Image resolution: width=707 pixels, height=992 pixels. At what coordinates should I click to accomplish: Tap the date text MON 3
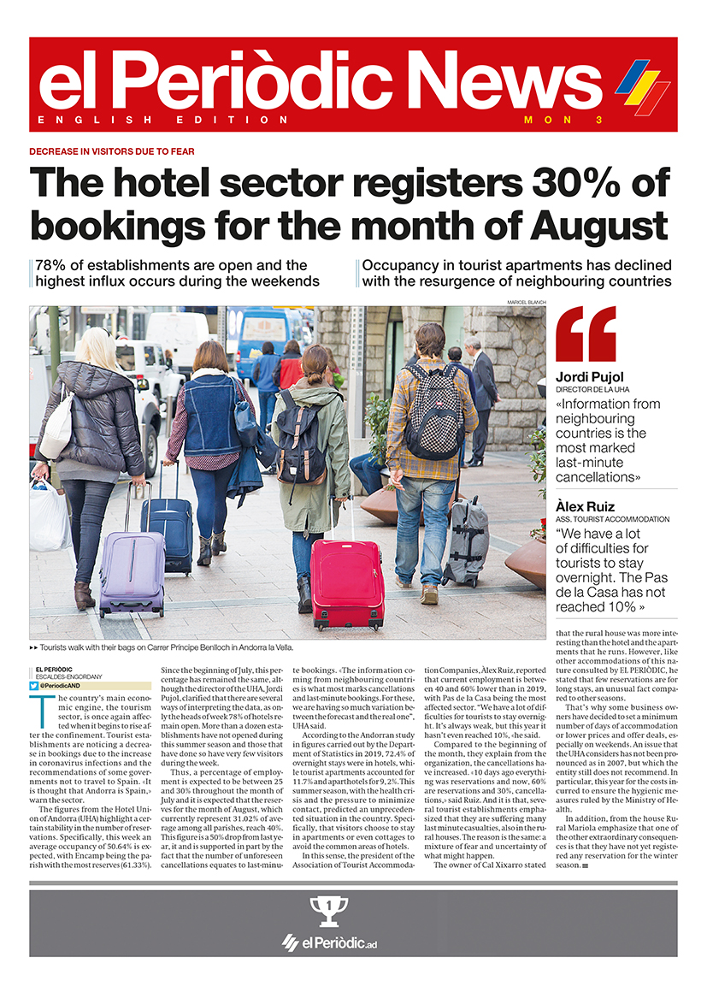563,121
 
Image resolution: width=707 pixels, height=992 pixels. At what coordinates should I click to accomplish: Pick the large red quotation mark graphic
586,334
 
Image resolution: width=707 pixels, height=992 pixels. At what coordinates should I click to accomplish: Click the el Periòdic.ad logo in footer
329,943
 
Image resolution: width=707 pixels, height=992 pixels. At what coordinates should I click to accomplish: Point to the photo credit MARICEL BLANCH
526,303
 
